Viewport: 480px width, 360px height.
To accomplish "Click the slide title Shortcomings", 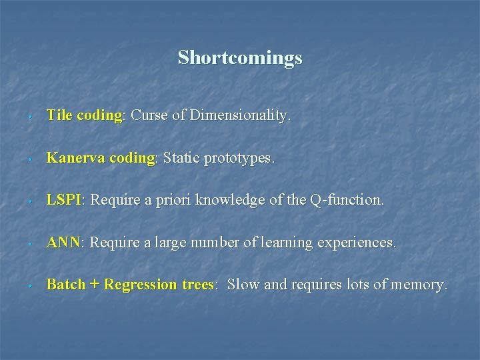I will pos(240,58).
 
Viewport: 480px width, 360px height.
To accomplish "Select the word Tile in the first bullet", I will pos(59,115).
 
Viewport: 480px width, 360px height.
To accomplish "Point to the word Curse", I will pos(149,115).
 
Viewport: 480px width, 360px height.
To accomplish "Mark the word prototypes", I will pos(239,159).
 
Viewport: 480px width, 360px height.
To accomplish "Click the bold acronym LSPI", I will pos(63,200).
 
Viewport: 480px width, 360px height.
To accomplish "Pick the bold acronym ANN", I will pos(63,243).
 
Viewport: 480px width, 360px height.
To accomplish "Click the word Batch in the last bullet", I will pos(65,285).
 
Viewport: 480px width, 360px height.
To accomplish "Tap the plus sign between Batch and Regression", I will pos(94,285).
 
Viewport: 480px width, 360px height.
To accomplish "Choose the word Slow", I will pos(243,285).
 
